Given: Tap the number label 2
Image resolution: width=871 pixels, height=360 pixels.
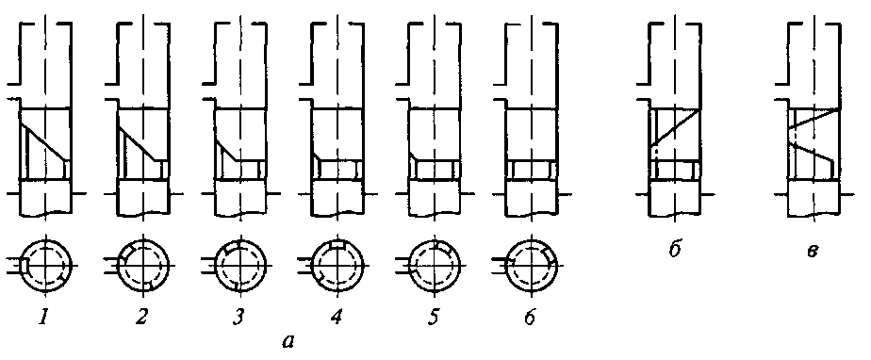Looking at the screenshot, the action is click(142, 319).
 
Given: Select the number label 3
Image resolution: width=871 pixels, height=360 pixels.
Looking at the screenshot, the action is click(238, 319).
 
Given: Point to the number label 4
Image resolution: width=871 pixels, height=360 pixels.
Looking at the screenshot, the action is click(337, 319).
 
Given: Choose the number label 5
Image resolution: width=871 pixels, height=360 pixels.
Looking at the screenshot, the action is click(434, 319).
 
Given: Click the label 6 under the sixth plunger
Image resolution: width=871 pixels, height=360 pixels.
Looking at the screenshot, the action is click(530, 319).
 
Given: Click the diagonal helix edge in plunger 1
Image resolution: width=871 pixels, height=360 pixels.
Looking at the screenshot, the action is click(45, 144).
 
